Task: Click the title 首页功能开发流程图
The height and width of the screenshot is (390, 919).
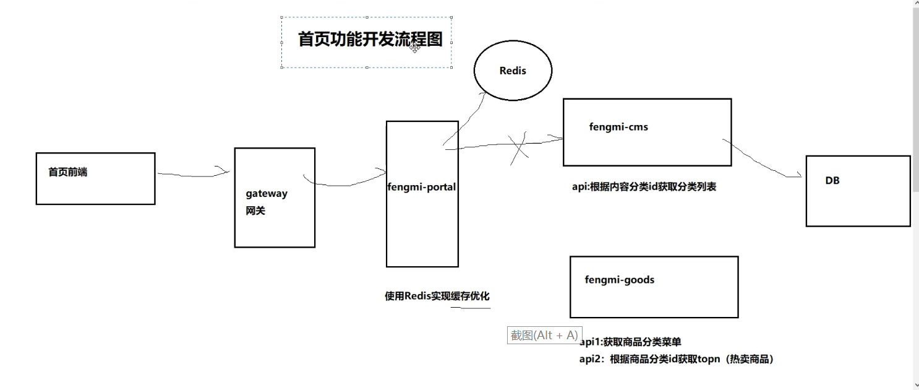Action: click(370, 40)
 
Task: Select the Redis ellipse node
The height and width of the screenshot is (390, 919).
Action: click(513, 71)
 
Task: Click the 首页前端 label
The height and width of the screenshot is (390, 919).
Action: click(68, 172)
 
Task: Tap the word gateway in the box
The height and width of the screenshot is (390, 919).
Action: click(267, 193)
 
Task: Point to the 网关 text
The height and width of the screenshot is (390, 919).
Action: click(255, 211)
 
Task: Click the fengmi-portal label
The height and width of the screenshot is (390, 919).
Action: click(422, 186)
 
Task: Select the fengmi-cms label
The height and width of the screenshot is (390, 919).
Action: click(618, 127)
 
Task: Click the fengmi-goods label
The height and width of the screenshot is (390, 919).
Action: click(619, 280)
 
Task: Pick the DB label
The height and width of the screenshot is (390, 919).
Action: click(832, 181)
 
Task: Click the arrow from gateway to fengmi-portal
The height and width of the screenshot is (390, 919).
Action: click(346, 183)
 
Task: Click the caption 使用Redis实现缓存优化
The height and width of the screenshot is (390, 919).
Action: click(437, 296)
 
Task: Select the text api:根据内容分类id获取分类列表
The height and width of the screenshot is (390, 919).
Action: click(644, 186)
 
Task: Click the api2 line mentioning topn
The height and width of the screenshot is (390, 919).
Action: click(677, 359)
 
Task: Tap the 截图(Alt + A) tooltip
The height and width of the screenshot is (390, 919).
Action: click(544, 336)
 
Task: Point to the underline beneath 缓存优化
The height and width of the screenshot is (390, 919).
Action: click(470, 308)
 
